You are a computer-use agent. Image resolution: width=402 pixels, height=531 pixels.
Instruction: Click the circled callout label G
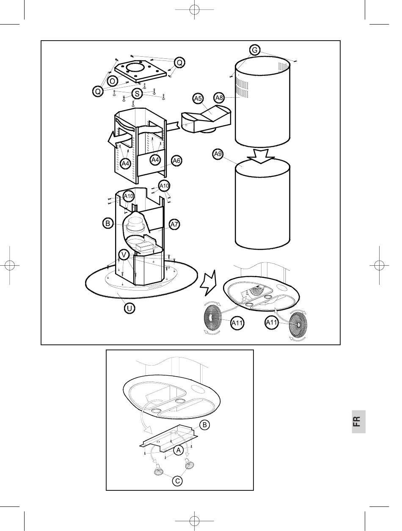click(254, 50)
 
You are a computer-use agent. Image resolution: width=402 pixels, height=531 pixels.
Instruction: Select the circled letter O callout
click(112, 81)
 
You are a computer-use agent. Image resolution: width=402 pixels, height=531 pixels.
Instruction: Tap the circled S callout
click(137, 94)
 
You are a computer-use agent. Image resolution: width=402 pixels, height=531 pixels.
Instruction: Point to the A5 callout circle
click(198, 99)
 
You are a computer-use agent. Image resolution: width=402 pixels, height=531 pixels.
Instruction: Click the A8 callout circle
click(219, 98)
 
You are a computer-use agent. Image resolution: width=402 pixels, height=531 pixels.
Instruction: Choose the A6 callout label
click(176, 160)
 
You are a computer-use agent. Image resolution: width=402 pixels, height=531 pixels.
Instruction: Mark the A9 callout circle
click(218, 154)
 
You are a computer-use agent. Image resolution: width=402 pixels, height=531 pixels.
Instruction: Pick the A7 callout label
click(174, 224)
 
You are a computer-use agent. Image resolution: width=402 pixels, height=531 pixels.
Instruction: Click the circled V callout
click(124, 255)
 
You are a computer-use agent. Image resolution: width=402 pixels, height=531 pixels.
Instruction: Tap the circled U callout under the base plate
click(129, 308)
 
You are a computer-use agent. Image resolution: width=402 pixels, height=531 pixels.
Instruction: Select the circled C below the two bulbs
click(178, 481)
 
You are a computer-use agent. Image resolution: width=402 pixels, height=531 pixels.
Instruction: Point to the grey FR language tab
click(358, 421)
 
